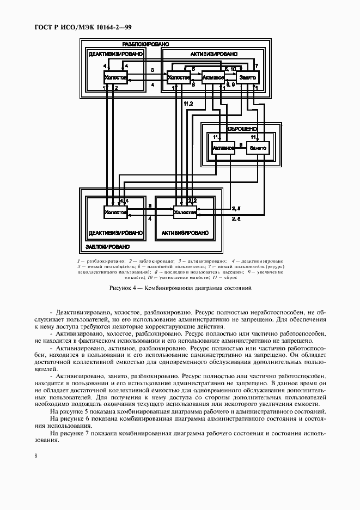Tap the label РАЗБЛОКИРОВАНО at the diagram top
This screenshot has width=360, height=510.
(x=145, y=44)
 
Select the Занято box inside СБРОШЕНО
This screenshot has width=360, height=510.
(x=258, y=148)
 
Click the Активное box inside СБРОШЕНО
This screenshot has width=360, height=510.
(x=223, y=148)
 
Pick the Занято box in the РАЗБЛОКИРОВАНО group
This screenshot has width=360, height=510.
(x=247, y=78)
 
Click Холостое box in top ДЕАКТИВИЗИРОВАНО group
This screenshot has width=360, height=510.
(x=115, y=78)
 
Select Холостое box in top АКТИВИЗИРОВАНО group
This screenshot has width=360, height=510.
(x=179, y=78)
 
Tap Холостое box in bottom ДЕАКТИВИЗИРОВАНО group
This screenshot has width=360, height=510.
(x=115, y=212)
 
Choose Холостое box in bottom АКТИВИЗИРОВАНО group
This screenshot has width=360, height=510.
(x=185, y=212)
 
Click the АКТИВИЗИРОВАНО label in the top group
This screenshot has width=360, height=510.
(x=213, y=54)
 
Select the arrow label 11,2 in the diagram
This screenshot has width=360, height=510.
(x=188, y=104)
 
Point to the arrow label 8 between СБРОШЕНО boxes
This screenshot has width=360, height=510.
(x=241, y=144)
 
